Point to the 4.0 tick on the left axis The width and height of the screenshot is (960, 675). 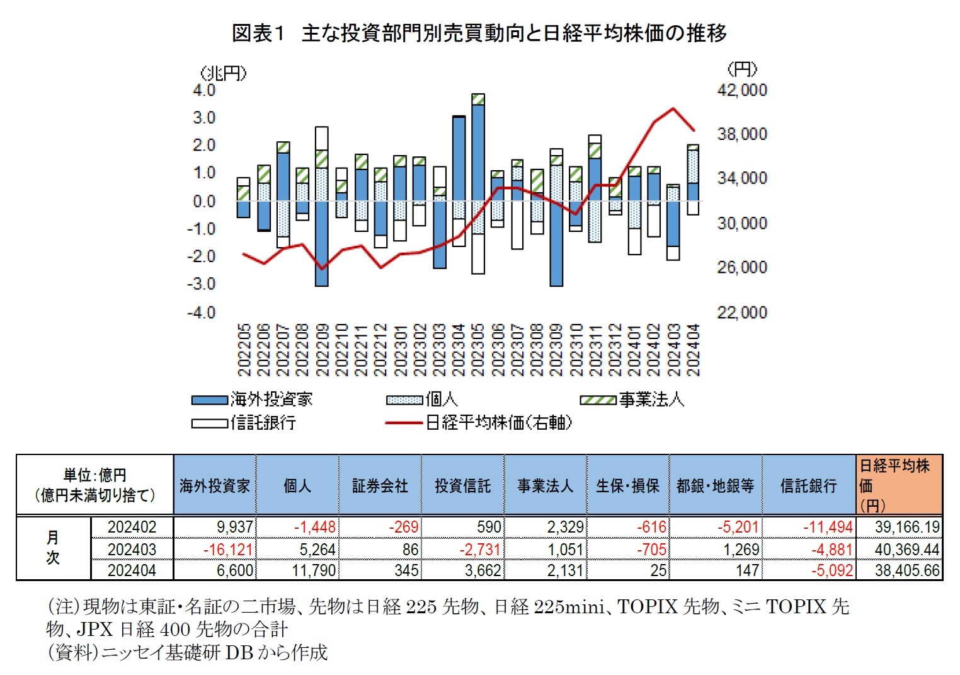204,90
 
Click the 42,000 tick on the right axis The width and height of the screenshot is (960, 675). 742,90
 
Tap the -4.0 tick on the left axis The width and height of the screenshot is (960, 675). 202,313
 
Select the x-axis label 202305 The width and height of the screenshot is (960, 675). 478,350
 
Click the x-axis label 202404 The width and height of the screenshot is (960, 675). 693,350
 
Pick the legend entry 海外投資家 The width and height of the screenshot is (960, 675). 252,400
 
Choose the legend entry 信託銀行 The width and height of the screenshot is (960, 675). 244,422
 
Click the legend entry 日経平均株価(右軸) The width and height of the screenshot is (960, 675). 479,422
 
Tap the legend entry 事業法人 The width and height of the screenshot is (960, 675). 632,400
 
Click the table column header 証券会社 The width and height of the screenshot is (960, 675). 380,485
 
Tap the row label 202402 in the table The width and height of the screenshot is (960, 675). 132,527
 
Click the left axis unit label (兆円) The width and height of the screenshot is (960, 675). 223,74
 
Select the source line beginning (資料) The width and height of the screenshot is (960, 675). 188,652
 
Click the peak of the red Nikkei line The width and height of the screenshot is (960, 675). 673,108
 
